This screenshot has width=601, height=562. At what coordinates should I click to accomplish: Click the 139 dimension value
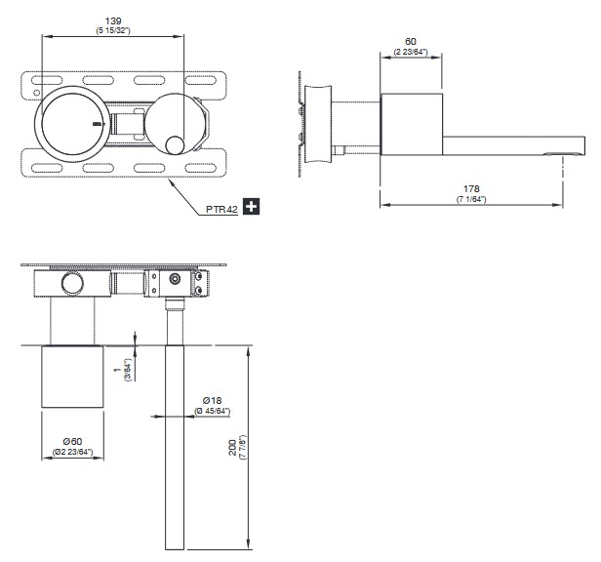click(113, 21)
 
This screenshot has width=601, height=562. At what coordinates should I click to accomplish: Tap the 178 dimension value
click(471, 189)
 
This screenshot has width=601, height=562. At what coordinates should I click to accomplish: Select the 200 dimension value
click(232, 448)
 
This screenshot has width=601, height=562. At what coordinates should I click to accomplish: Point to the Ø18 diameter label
click(212, 401)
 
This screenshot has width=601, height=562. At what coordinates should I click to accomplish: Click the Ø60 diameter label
click(73, 442)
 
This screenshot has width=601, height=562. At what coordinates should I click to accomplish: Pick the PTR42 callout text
click(221, 210)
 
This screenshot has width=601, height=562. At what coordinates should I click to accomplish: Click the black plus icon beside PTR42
click(252, 207)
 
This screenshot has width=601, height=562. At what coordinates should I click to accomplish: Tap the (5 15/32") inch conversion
click(113, 30)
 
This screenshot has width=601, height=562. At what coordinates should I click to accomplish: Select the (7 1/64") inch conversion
click(471, 199)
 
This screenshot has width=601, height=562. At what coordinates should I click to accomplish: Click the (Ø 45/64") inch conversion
click(212, 412)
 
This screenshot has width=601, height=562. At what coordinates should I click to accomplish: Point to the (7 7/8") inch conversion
click(243, 448)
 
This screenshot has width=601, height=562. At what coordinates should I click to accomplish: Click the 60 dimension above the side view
click(411, 41)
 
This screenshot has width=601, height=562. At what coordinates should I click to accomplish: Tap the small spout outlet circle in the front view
click(175, 145)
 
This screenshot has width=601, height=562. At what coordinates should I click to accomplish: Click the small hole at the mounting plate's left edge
click(36, 93)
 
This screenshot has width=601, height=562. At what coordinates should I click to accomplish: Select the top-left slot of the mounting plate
click(47, 81)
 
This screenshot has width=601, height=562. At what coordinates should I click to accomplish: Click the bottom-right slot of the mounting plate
click(200, 168)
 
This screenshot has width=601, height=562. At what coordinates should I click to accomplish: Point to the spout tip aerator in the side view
click(564, 154)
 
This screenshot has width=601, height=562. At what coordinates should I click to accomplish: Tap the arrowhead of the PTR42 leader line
click(172, 182)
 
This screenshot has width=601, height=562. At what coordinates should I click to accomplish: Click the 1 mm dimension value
click(117, 370)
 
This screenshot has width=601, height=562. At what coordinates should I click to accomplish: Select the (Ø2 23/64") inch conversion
click(73, 452)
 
